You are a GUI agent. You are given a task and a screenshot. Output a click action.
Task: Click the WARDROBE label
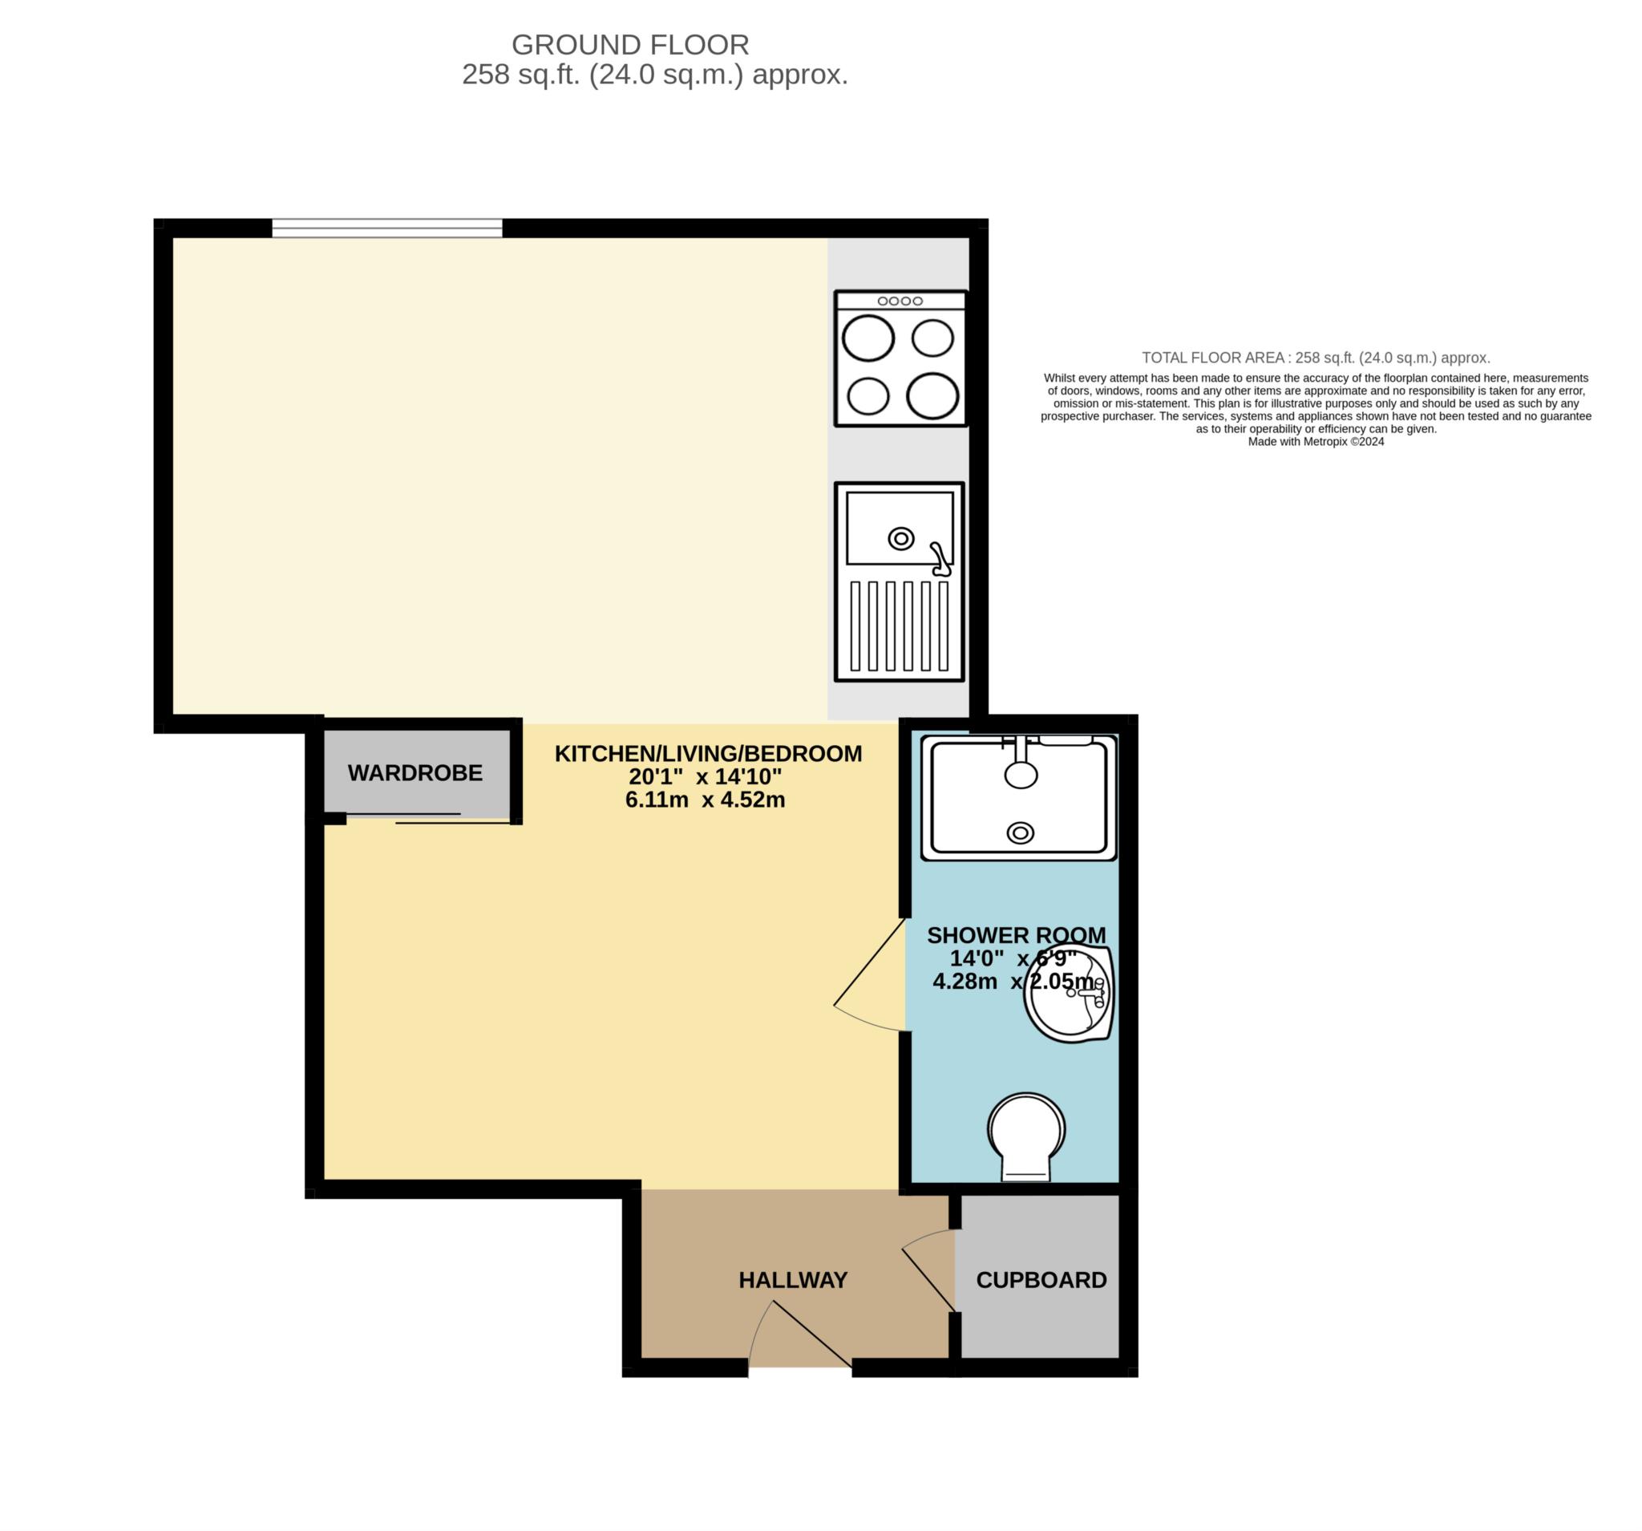pos(415,772)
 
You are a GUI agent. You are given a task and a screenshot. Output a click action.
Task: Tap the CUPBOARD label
pos(1041,1280)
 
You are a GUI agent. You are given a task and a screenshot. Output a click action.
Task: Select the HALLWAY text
pos(792,1280)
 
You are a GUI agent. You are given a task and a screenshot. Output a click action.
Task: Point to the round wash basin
pos(1069,994)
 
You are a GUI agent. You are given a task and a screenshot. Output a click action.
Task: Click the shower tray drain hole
pos(1020,832)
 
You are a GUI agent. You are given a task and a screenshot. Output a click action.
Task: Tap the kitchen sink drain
pos(900,540)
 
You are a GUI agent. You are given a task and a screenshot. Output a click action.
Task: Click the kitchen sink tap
pos(940,559)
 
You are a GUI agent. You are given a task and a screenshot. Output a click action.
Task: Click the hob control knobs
pos(900,301)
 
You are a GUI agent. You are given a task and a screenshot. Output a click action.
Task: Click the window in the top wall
pos(386,228)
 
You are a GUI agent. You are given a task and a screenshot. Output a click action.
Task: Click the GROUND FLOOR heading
pos(629,44)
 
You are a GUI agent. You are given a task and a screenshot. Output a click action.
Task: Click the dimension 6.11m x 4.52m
pos(705,800)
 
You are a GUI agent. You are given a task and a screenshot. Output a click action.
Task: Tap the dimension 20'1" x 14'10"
pos(705,776)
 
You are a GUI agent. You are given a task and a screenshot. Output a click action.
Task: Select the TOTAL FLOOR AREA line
pos(1315,358)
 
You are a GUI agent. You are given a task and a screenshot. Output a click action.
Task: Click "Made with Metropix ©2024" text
pos(1315,442)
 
